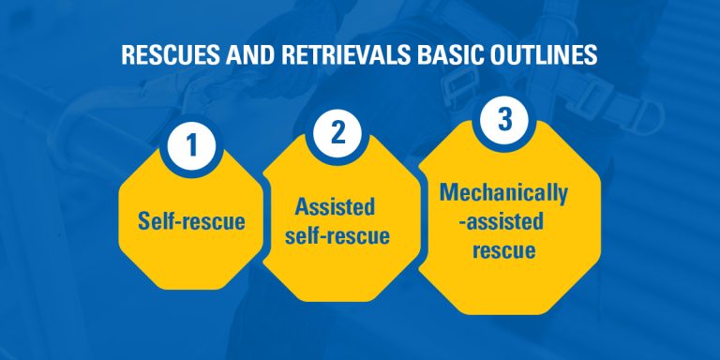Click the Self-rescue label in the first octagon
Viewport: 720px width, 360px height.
tap(191, 222)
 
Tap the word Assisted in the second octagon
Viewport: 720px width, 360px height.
tap(336, 207)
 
